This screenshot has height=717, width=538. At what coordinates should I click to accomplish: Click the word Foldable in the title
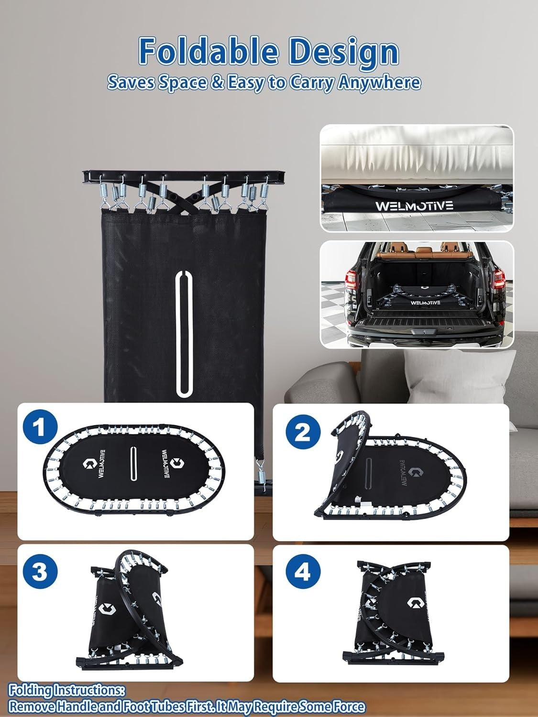click(209, 51)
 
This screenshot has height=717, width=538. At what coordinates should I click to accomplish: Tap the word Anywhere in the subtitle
click(379, 82)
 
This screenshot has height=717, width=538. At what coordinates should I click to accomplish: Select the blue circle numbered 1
click(40, 428)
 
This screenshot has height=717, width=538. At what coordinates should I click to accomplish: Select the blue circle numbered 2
click(303, 433)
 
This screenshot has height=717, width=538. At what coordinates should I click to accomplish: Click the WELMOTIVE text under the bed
click(414, 206)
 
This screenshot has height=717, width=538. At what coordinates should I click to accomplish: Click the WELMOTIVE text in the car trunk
click(425, 302)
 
